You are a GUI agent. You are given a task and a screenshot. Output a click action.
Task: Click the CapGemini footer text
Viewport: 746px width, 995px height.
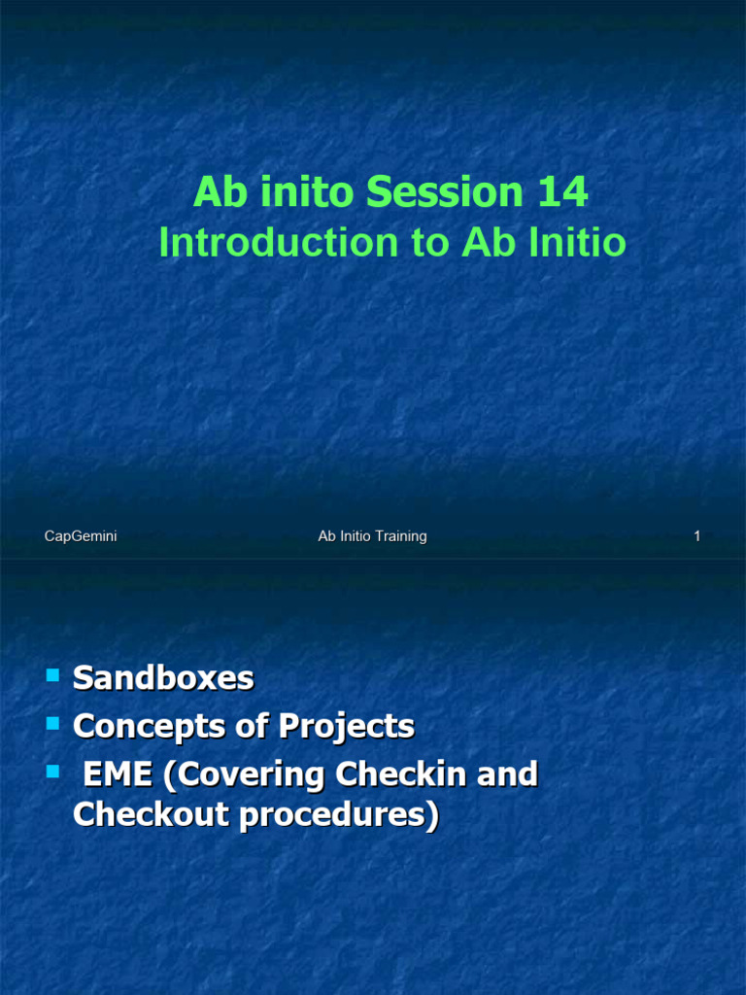pyautogui.click(x=81, y=536)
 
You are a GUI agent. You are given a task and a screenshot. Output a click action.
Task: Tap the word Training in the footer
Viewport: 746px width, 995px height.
pyautogui.click(x=400, y=536)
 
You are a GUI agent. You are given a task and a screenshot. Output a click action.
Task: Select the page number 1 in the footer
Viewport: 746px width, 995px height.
pyautogui.click(x=696, y=536)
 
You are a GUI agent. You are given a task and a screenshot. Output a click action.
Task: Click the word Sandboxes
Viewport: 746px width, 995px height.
pyautogui.click(x=163, y=677)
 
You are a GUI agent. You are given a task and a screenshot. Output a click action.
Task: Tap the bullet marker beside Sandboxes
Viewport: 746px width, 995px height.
pyautogui.click(x=52, y=673)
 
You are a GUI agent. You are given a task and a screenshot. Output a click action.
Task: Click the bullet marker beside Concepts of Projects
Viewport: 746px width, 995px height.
pyautogui.click(x=52, y=722)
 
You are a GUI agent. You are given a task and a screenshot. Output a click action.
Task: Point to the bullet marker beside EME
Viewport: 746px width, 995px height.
pyautogui.click(x=52, y=771)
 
